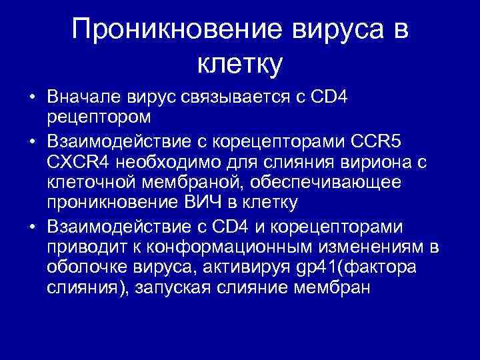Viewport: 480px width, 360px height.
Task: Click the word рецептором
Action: [x=99, y=117]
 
